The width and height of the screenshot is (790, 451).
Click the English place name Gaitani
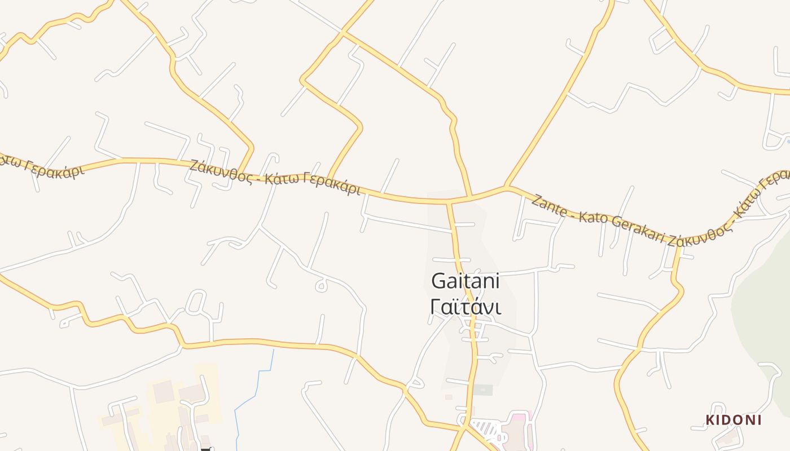[x=466, y=281]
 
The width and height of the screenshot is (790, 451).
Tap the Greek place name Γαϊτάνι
[x=466, y=307]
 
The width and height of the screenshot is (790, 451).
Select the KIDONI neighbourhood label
[x=734, y=420]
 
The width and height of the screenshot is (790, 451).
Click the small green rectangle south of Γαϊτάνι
[x=482, y=390]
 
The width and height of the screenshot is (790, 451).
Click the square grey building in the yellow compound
[x=163, y=391]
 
